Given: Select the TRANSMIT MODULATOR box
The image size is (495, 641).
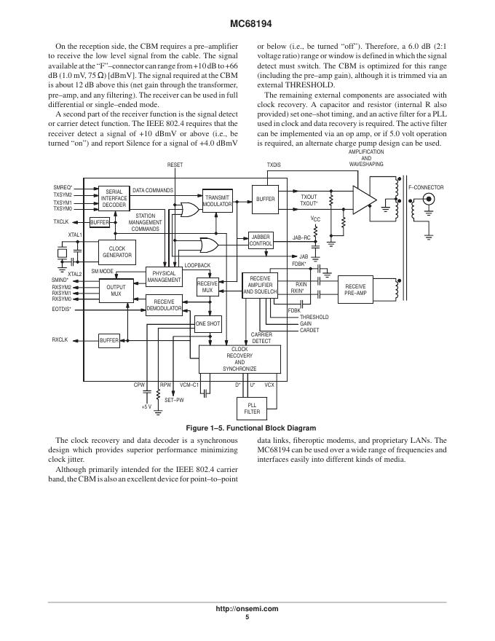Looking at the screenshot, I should pos(218,201).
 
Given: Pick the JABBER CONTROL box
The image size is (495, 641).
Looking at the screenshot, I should pos(261,240).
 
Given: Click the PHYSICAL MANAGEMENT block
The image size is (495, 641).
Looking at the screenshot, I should pos(164,277).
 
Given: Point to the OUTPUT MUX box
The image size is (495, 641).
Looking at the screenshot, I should pos(116,291).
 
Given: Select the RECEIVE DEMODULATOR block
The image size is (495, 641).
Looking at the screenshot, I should pos(164,304).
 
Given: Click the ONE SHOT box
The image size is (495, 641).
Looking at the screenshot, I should pos(207,323).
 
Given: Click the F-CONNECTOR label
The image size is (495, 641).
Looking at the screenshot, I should pos(426,187).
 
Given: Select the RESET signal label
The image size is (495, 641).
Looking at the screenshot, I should pos(175,165).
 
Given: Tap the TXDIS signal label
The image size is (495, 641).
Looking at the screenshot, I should pos(274,165).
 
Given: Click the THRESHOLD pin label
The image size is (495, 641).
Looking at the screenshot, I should pos(314,318).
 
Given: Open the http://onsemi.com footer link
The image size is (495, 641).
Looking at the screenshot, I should pos(247,608).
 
